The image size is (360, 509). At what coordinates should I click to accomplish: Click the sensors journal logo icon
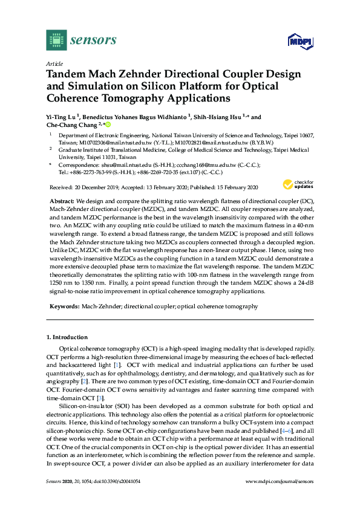pyautogui.click(x=56, y=40)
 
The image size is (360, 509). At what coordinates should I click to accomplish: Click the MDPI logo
pyautogui.click(x=298, y=41)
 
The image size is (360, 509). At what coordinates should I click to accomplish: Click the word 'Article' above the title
pyautogui.click(x=54, y=63)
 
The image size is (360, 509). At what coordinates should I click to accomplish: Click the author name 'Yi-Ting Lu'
pyautogui.click(x=61, y=117)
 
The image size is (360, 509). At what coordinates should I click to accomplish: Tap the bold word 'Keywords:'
pyautogui.click(x=65, y=306)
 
